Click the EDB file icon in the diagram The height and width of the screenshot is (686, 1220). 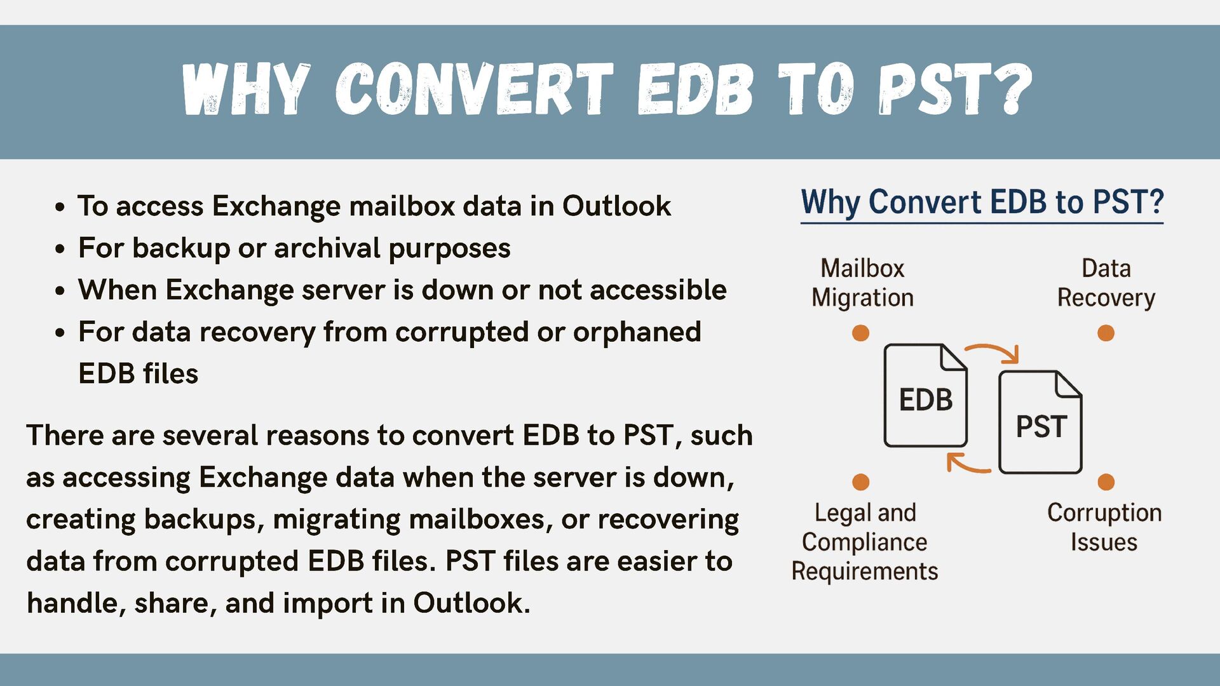click(925, 396)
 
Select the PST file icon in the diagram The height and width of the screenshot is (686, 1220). click(1040, 422)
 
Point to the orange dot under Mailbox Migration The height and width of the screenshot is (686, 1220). click(860, 333)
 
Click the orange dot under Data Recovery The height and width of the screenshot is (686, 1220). click(1106, 333)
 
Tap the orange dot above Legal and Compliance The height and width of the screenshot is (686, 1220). click(860, 482)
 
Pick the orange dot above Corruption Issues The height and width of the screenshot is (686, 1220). click(1106, 482)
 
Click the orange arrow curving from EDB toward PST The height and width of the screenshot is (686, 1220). click(993, 351)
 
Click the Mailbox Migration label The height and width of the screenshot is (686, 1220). click(862, 283)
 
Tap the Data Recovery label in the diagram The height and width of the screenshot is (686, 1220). click(1106, 283)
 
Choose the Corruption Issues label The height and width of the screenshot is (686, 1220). click(1104, 527)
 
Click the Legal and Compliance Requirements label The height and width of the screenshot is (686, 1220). click(865, 542)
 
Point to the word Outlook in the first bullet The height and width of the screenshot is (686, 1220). click(616, 206)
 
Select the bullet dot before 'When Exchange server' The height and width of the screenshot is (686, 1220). click(60, 291)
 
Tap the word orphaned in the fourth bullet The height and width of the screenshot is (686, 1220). click(637, 332)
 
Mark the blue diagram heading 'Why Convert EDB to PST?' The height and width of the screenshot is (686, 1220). click(982, 202)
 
